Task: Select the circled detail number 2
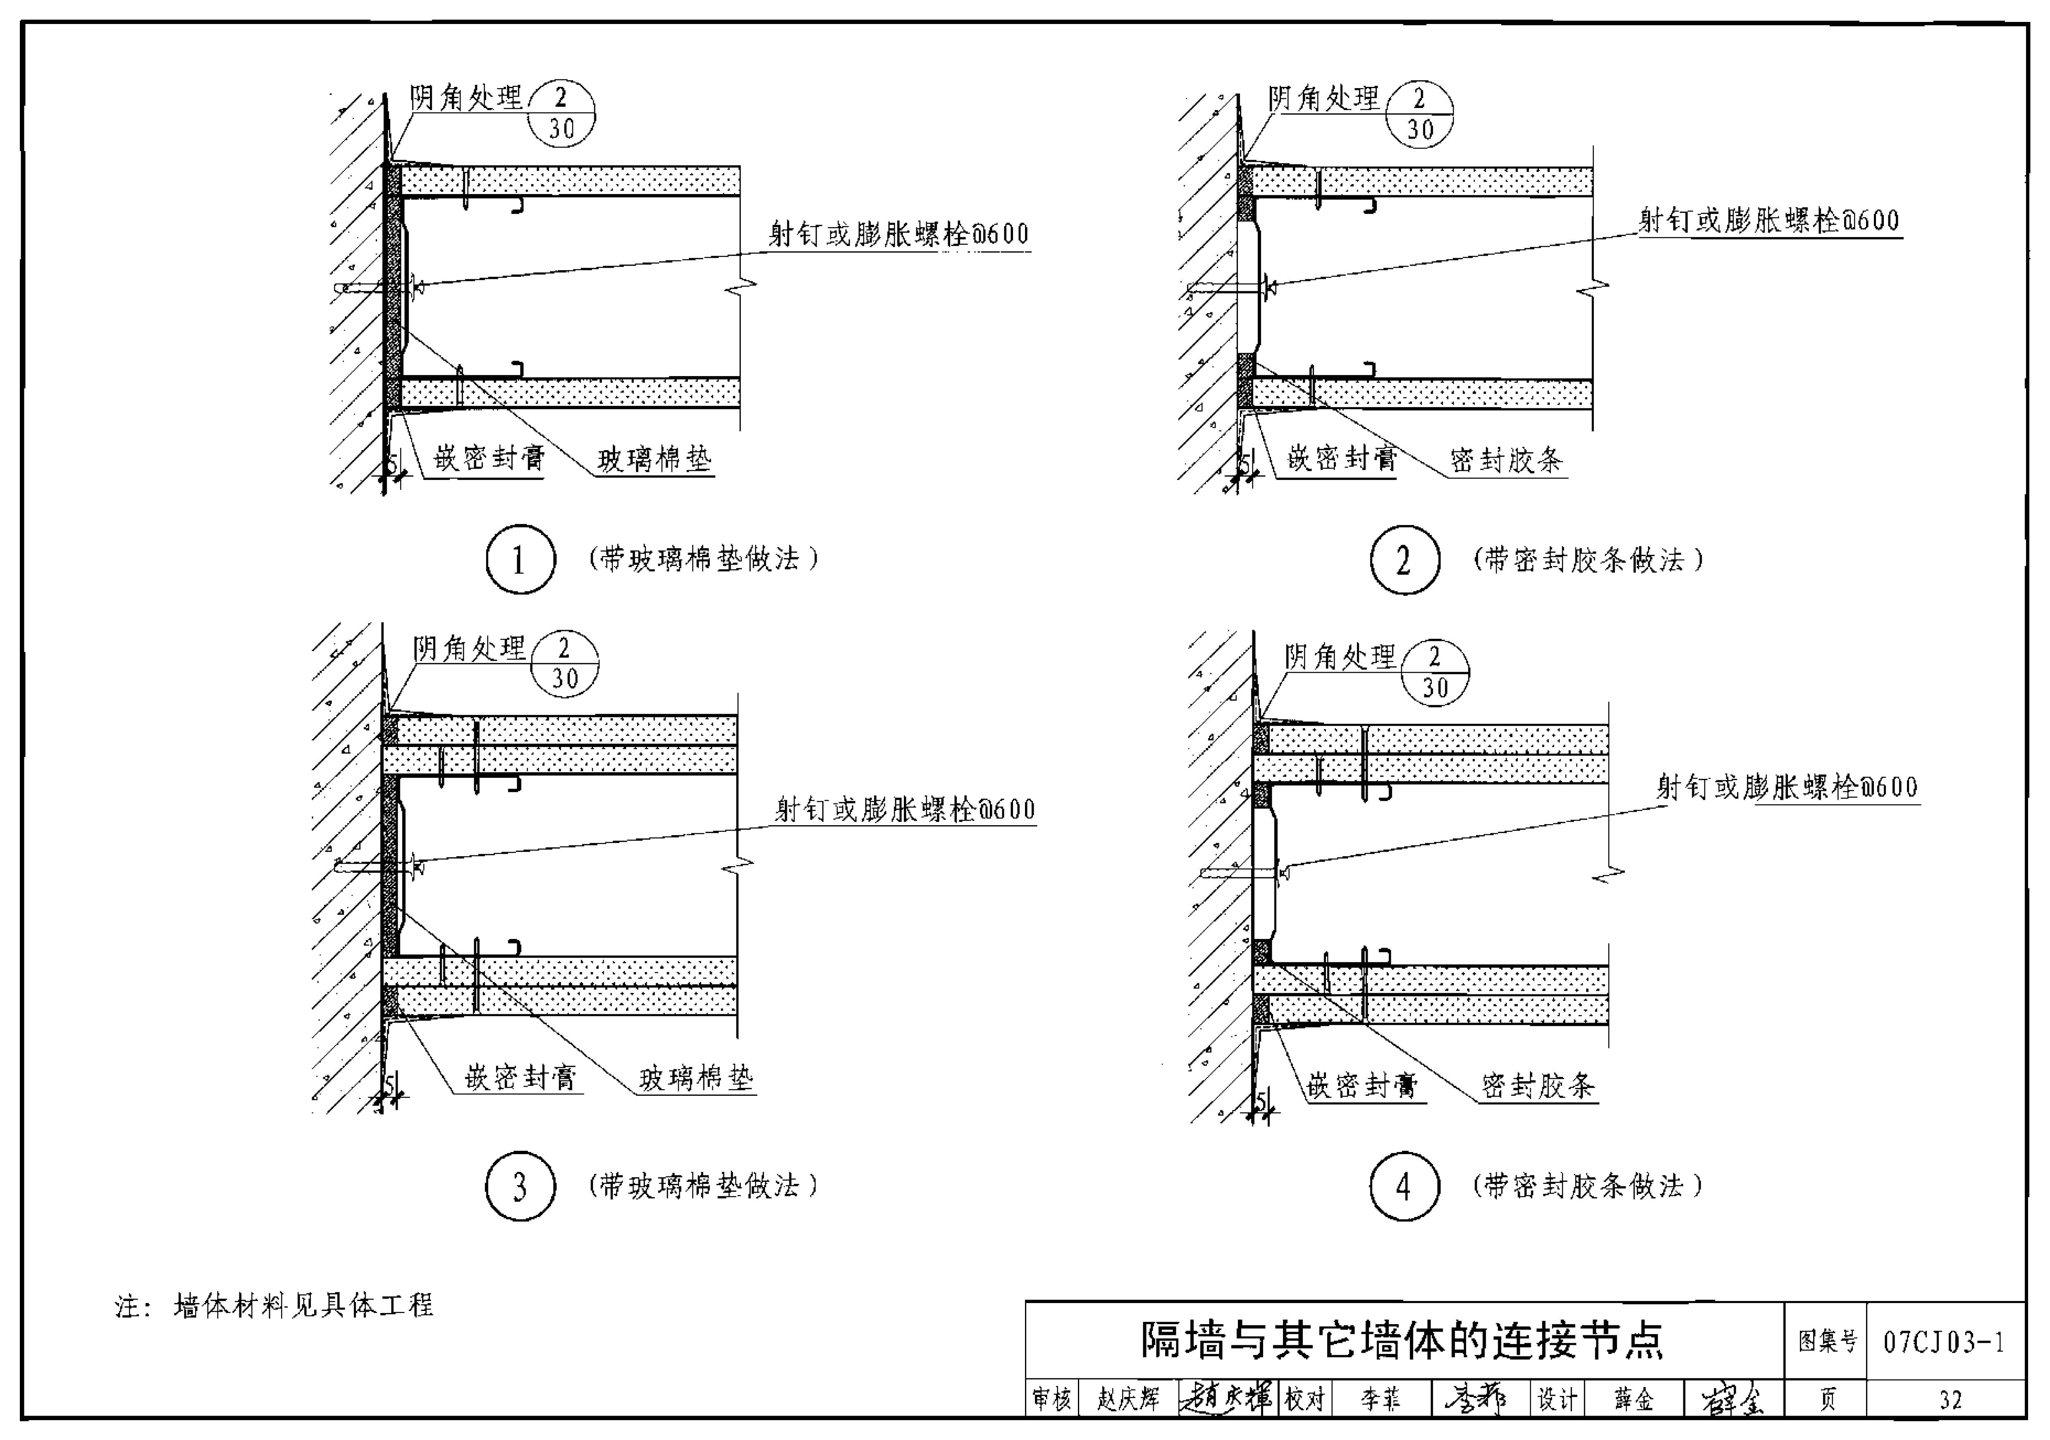1405,560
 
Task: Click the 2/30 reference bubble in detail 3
564,664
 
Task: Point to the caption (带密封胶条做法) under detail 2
1587,560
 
